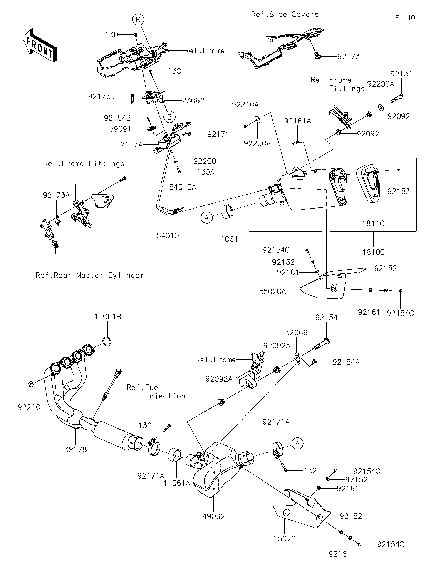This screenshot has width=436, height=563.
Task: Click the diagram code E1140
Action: tap(405, 18)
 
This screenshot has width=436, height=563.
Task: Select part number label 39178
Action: tap(76, 449)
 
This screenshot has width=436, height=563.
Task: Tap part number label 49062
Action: tap(213, 516)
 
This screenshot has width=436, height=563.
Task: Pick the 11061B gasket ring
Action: tap(107, 342)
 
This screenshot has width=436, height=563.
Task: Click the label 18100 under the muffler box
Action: tap(373, 252)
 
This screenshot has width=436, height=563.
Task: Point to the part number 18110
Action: tap(373, 223)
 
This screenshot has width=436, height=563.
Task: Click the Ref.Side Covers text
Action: tap(285, 15)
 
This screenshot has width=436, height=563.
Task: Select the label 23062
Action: tap(193, 101)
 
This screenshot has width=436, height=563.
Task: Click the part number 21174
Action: tap(131, 145)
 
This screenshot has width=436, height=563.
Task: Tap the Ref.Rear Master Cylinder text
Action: tap(90, 275)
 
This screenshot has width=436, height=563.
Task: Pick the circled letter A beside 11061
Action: tap(206, 218)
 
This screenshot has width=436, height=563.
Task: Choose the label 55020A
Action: tap(272, 291)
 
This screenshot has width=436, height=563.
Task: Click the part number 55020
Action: tap(284, 539)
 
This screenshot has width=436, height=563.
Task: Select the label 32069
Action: tap(296, 333)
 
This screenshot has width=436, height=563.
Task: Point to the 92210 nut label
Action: tap(29, 407)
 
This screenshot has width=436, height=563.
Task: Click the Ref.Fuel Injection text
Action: tap(156, 392)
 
